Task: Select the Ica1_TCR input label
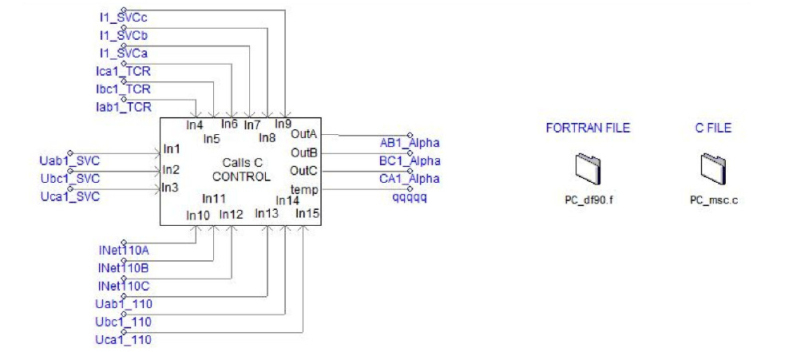(122, 72)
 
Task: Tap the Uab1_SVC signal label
(69, 161)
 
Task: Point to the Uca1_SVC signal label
(69, 196)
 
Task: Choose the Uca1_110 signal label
(123, 340)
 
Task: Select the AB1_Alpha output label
(410, 143)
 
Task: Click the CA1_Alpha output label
(410, 178)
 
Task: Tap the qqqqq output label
(409, 196)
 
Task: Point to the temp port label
(305, 189)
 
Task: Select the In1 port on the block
(171, 148)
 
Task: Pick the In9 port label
(283, 124)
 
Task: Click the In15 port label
(307, 213)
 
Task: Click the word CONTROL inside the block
(241, 177)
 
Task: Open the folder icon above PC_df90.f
(587, 168)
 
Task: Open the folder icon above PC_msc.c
(712, 168)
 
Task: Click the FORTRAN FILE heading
(588, 128)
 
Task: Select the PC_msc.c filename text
(713, 200)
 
